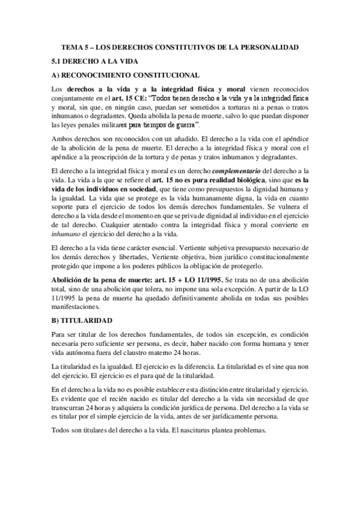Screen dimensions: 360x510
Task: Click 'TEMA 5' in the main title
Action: (x=75, y=47)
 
